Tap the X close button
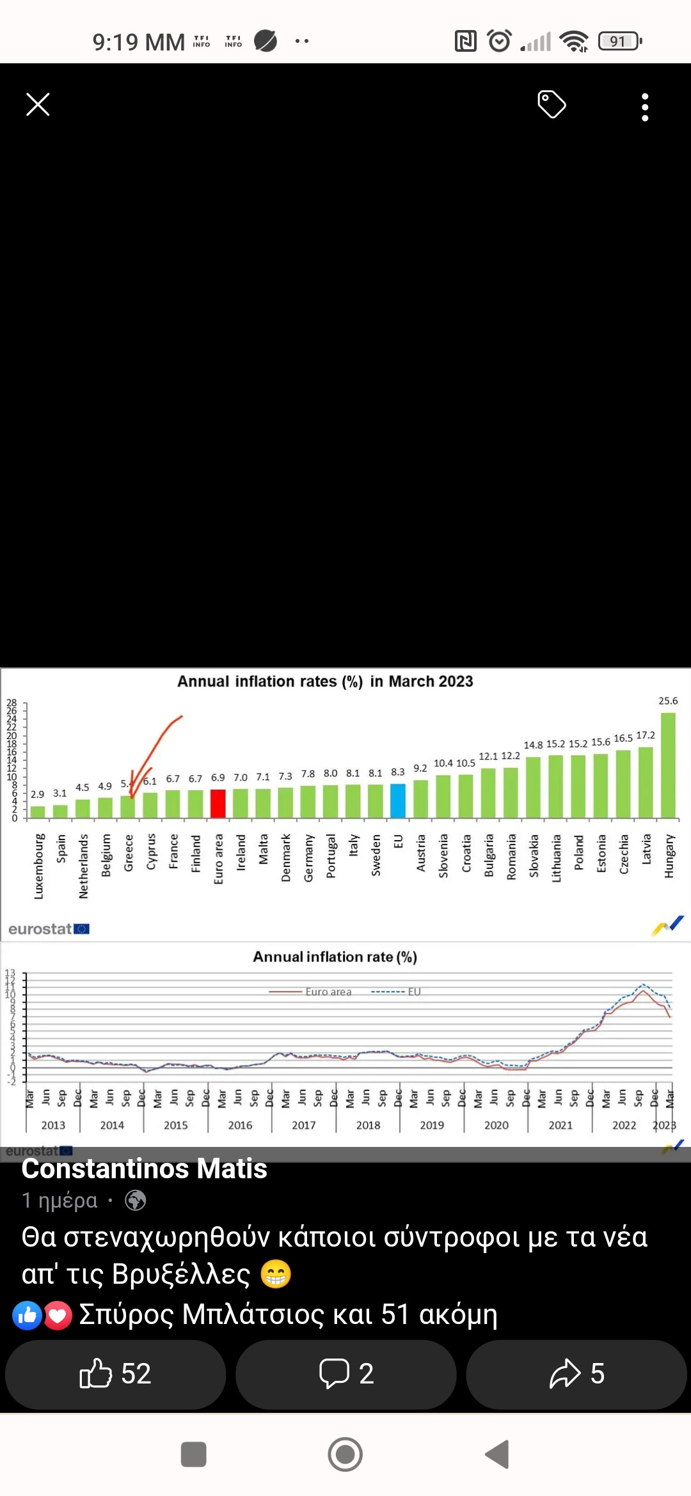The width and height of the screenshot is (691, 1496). pyautogui.click(x=38, y=104)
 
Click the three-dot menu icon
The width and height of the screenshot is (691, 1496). pyautogui.click(x=645, y=107)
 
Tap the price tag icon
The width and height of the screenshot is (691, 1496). pyautogui.click(x=552, y=104)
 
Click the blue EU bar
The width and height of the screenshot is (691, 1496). pyautogui.click(x=398, y=800)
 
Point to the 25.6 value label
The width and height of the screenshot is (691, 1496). pyautogui.click(x=668, y=701)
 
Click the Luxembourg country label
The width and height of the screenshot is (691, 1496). pyautogui.click(x=38, y=866)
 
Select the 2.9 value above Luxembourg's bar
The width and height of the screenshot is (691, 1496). pyautogui.click(x=38, y=794)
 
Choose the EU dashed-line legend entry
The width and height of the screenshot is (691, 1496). pyautogui.click(x=397, y=992)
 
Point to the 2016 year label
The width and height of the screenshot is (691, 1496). pyautogui.click(x=240, y=1125)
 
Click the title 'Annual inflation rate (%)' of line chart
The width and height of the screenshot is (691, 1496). pyautogui.click(x=335, y=957)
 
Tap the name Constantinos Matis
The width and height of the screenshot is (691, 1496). pyautogui.click(x=144, y=1169)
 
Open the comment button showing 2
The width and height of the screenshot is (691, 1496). pyautogui.click(x=345, y=1373)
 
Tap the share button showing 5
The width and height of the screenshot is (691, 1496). pyautogui.click(x=576, y=1373)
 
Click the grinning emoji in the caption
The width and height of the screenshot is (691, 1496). pyautogui.click(x=276, y=1274)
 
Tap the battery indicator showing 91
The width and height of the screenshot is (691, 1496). pyautogui.click(x=619, y=42)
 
